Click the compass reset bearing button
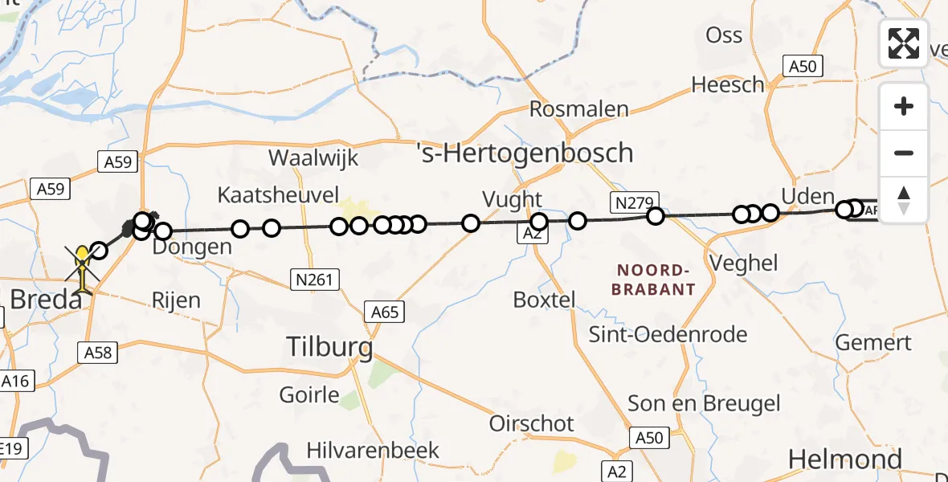tap(904, 199)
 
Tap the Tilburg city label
tap(330, 347)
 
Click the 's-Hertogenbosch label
tap(525, 152)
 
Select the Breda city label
tap(45, 300)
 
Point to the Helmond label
tap(844, 459)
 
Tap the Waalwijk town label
tap(313, 157)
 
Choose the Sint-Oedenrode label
tap(668, 334)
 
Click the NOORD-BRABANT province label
tap(654, 280)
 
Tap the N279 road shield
tap(635, 202)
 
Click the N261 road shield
tap(314, 280)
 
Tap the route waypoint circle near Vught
tap(539, 222)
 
